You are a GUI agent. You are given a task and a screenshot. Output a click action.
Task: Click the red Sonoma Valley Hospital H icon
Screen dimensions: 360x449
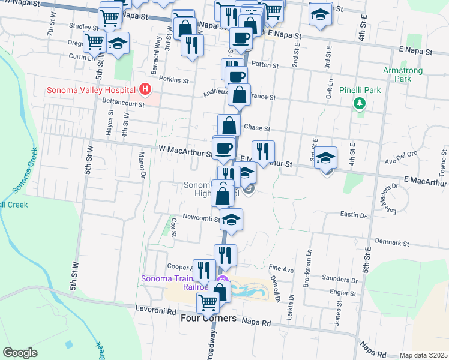pyautogui.click(x=144, y=90)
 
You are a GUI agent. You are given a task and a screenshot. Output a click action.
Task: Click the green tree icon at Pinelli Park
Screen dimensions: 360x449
pyautogui.click(x=360, y=103)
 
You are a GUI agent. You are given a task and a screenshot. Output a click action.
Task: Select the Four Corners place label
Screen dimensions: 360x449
pyautogui.click(x=208, y=319)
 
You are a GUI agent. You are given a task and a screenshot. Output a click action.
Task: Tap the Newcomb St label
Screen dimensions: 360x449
pyautogui.click(x=197, y=217)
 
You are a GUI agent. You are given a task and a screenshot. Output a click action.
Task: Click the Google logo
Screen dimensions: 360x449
pyautogui.click(x=20, y=352)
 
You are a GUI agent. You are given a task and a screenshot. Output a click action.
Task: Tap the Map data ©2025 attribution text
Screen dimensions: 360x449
pyautogui.click(x=423, y=355)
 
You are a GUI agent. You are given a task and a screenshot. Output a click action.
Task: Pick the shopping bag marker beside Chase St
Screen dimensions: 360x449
pyautogui.click(x=229, y=125)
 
